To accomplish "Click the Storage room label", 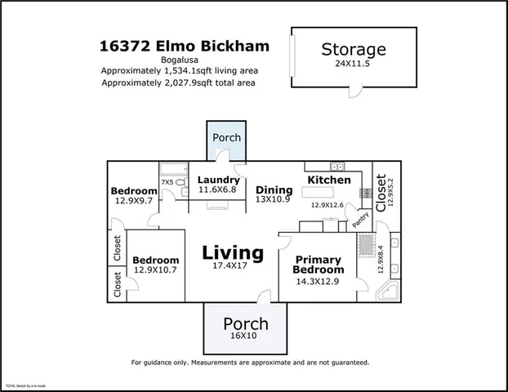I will coord(353,49).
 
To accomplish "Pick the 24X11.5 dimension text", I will coord(353,63).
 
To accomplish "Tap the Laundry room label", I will coord(219,180).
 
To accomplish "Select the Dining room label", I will coord(274,190).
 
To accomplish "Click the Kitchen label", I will coord(328,180).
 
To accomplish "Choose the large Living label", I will coord(233,253).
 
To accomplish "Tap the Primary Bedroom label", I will coord(319,265).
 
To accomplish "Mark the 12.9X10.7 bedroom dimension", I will coord(155,270).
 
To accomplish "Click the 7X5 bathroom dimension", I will coord(167,182).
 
